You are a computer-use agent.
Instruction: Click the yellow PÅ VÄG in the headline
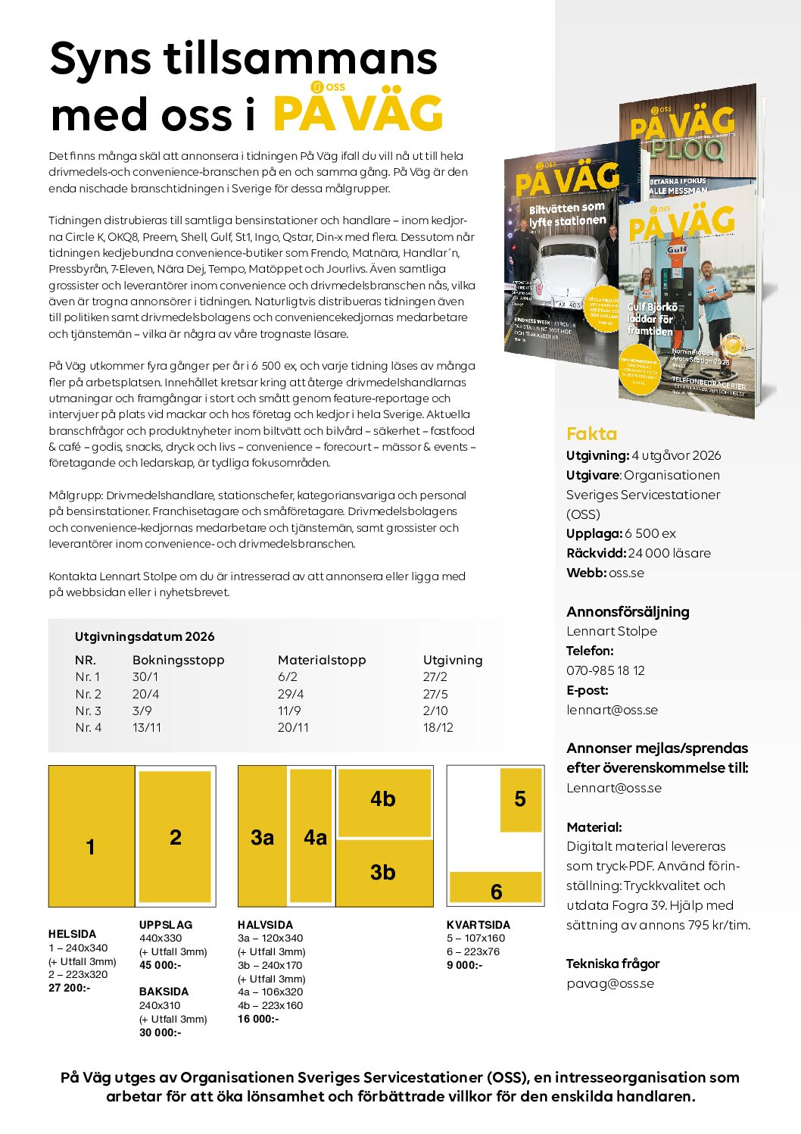coord(357,114)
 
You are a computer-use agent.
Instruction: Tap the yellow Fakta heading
coord(591,434)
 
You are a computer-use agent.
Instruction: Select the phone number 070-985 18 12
coord(605,670)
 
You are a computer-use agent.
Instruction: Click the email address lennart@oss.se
coord(612,710)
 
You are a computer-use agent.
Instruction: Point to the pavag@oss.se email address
coord(609,983)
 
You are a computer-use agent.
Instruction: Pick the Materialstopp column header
coord(322,660)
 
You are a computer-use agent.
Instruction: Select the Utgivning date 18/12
coord(438,727)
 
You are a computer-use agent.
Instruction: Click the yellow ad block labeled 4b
coord(383,800)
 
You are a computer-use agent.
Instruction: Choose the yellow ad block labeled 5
coord(520,799)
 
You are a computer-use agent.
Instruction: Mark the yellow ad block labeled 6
coord(496,887)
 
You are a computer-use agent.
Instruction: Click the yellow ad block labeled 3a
coord(262,837)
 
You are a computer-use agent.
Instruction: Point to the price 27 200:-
coord(69,988)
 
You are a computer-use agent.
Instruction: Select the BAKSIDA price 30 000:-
coord(160,1032)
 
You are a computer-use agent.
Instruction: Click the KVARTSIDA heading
coord(478,925)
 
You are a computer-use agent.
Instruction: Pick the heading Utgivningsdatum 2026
coord(145,637)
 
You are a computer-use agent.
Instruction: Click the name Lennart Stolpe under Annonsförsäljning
coord(611,631)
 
